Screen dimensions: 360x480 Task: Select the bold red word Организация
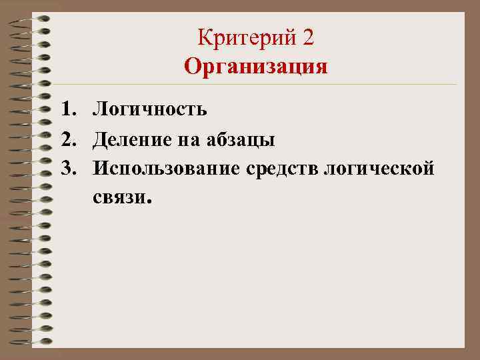[256, 66]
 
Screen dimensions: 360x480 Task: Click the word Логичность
[150, 109]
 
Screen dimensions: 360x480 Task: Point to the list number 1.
[64, 109]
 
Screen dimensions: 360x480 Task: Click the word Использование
[166, 169]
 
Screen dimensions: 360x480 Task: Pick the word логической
[379, 169]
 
